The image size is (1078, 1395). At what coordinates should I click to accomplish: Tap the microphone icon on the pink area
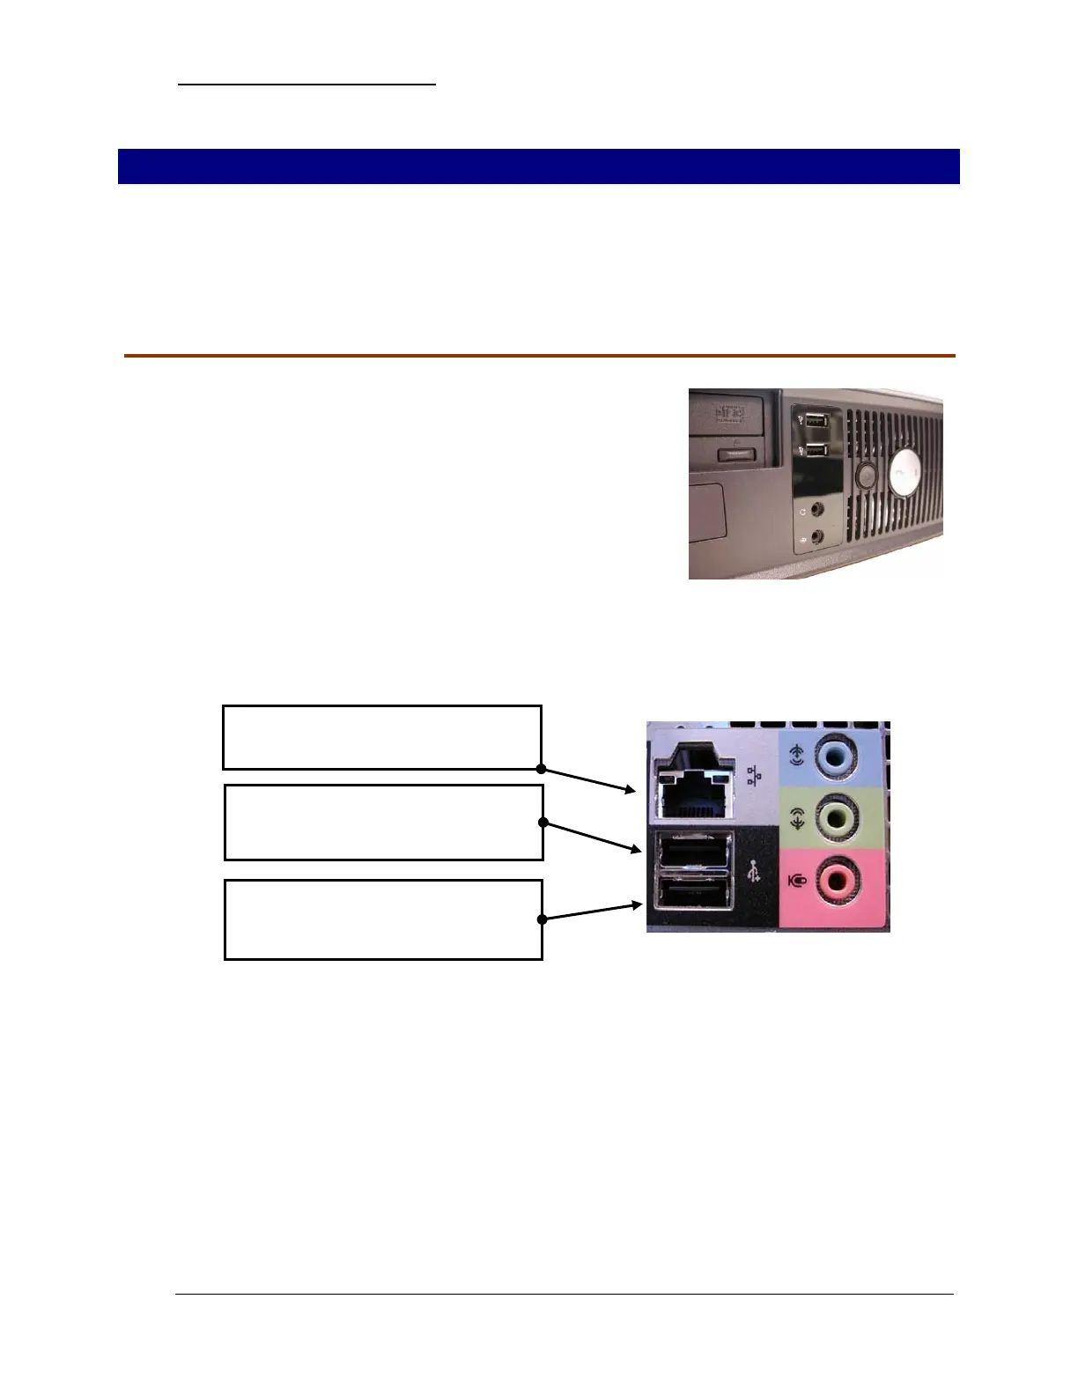(797, 879)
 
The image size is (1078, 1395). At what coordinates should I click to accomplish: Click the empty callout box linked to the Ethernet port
(381, 737)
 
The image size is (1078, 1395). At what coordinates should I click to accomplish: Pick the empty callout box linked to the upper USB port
(383, 823)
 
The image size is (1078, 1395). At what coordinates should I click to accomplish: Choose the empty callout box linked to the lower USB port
(383, 919)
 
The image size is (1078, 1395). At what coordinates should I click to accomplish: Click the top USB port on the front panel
(816, 421)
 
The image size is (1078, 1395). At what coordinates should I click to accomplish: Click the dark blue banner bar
(538, 166)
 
